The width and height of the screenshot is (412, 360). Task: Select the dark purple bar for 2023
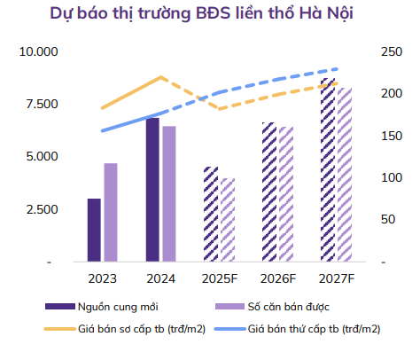(93, 231)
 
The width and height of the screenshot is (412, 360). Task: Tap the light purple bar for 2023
(110, 213)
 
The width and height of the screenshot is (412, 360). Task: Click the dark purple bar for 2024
(152, 190)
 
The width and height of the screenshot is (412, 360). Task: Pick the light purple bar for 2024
(169, 194)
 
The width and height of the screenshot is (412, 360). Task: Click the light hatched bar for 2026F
(286, 195)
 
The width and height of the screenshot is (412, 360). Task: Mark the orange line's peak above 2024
(160, 77)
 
